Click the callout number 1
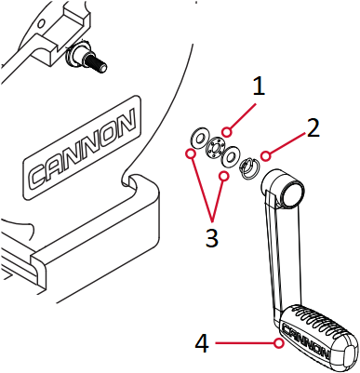coord(259,87)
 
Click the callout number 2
coord(313,128)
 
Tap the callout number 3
coord(212,237)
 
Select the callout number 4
coord(202,344)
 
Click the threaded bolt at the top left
coord(88,61)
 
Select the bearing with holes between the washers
coord(214,147)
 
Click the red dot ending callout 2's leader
coord(266,154)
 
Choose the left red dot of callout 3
coord(190,152)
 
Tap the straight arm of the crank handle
coord(276,251)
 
